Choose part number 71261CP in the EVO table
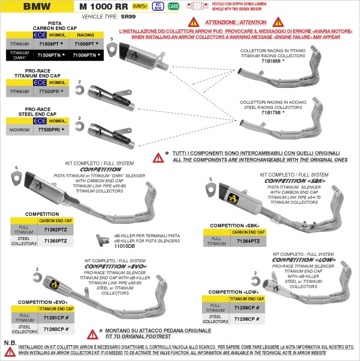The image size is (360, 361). (56, 317)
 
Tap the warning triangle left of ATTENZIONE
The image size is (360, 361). (194, 21)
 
